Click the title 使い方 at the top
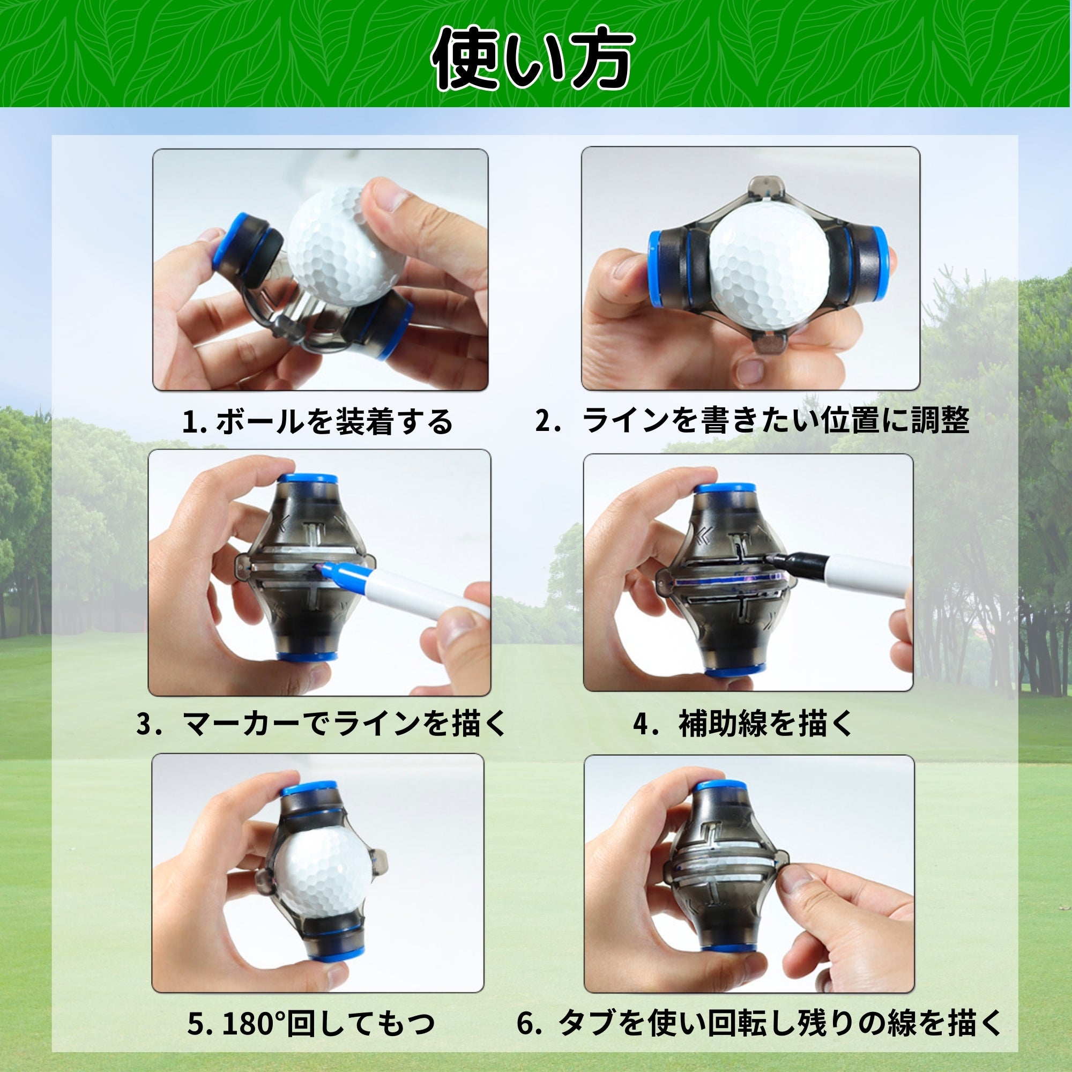(533, 59)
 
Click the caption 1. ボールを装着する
(317, 422)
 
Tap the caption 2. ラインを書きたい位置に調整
(753, 420)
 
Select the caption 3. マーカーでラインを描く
(321, 724)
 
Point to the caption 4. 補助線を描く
(743, 724)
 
